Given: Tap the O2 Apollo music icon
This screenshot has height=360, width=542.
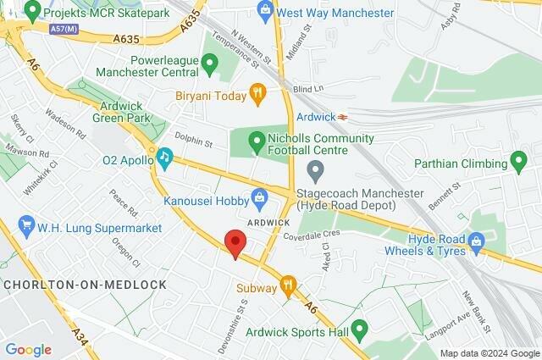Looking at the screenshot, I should click(164, 157).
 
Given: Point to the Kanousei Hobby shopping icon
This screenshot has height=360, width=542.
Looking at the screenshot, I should click(260, 199).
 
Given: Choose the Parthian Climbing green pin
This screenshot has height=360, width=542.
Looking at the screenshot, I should click(519, 162).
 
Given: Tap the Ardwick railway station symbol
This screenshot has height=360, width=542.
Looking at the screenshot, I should click(343, 117).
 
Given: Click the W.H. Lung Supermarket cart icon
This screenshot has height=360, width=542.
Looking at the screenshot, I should click(27, 225).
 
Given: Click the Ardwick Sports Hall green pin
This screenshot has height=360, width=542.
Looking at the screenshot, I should click(360, 329).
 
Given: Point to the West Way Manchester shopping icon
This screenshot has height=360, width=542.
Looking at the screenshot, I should click(265, 12).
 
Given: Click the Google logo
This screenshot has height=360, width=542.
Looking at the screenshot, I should click(28, 349).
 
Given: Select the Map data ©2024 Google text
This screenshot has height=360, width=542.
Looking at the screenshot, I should click(489, 353).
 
